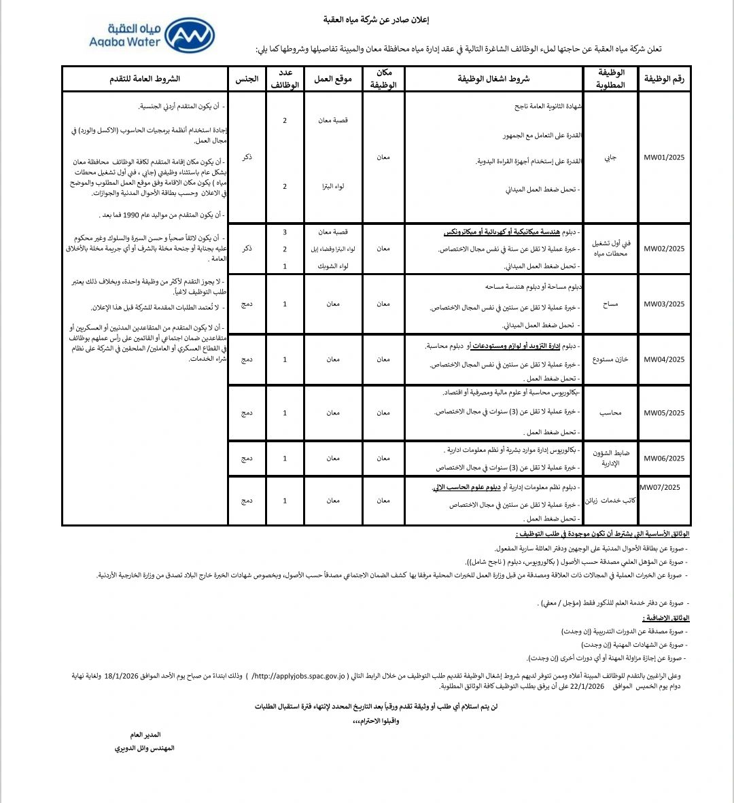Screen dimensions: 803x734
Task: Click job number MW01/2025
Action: (x=664, y=158)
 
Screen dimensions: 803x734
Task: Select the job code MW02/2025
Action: (x=664, y=249)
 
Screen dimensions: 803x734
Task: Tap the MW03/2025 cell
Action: (x=664, y=304)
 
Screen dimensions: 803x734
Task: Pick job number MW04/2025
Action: (x=664, y=359)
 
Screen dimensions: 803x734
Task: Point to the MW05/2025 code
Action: (x=664, y=413)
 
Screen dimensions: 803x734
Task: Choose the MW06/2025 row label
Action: (x=664, y=459)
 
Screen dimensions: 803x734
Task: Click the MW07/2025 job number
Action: (x=660, y=487)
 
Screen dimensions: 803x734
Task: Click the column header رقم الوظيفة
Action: (x=664, y=79)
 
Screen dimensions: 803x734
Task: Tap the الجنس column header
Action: (x=247, y=79)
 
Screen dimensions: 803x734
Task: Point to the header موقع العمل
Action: (x=333, y=79)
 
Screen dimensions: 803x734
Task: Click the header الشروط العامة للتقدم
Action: (x=145, y=79)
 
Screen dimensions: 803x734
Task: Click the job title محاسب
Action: (x=610, y=413)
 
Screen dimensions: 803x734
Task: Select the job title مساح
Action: (x=610, y=304)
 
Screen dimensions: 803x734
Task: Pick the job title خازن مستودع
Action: (x=610, y=359)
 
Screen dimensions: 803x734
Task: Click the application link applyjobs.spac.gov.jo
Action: (x=299, y=676)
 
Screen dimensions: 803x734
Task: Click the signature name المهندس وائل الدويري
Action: (x=145, y=748)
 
